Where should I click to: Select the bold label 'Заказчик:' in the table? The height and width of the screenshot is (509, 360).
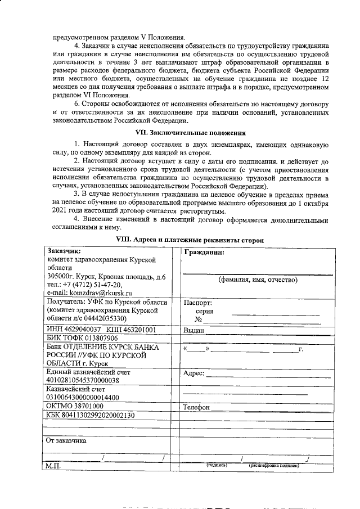click(64, 251)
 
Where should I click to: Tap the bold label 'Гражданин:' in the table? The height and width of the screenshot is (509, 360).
click(204, 253)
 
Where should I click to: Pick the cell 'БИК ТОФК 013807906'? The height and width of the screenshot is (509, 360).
click(82, 339)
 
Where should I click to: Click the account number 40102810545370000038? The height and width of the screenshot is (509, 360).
click(83, 381)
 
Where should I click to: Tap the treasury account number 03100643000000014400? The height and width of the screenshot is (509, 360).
click(83, 397)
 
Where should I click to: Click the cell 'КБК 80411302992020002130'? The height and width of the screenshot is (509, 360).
click(90, 415)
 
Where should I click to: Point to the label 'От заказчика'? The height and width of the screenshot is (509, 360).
click(66, 440)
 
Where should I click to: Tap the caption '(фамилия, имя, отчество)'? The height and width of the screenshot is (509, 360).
click(258, 280)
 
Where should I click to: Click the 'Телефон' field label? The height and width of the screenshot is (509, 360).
click(197, 407)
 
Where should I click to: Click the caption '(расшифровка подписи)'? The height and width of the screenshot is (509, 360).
click(275, 466)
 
